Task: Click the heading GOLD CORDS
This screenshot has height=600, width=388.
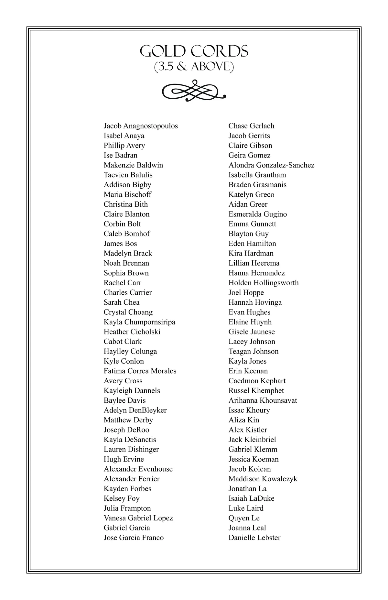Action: [x=194, y=51]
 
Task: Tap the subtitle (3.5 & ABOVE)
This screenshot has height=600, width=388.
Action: [x=194, y=67]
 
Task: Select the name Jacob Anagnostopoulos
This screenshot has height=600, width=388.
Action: [x=141, y=126]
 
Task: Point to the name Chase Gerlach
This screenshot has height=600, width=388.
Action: [x=251, y=126]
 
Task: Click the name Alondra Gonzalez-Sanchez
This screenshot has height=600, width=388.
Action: [x=271, y=165]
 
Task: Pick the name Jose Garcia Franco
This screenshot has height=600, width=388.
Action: [x=134, y=538]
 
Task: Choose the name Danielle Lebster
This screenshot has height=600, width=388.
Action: [x=254, y=538]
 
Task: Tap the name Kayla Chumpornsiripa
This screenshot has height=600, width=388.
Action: [x=139, y=322]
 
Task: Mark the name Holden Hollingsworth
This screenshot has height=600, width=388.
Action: [x=264, y=283]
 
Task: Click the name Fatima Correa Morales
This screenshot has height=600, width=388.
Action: [x=140, y=371]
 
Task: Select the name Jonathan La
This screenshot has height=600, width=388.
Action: [x=247, y=488]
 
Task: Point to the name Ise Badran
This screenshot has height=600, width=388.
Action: [x=120, y=155]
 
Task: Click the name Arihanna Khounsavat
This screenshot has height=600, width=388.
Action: [x=263, y=400]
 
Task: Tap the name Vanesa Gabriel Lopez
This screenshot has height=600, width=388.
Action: [x=138, y=518]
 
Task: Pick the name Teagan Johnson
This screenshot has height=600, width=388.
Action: [x=253, y=351]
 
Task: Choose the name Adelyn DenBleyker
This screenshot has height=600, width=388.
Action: [x=135, y=410]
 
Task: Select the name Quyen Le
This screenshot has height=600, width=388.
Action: [x=244, y=518]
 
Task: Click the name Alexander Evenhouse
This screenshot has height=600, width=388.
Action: [x=138, y=469]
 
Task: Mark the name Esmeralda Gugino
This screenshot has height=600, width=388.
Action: [x=258, y=214]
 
